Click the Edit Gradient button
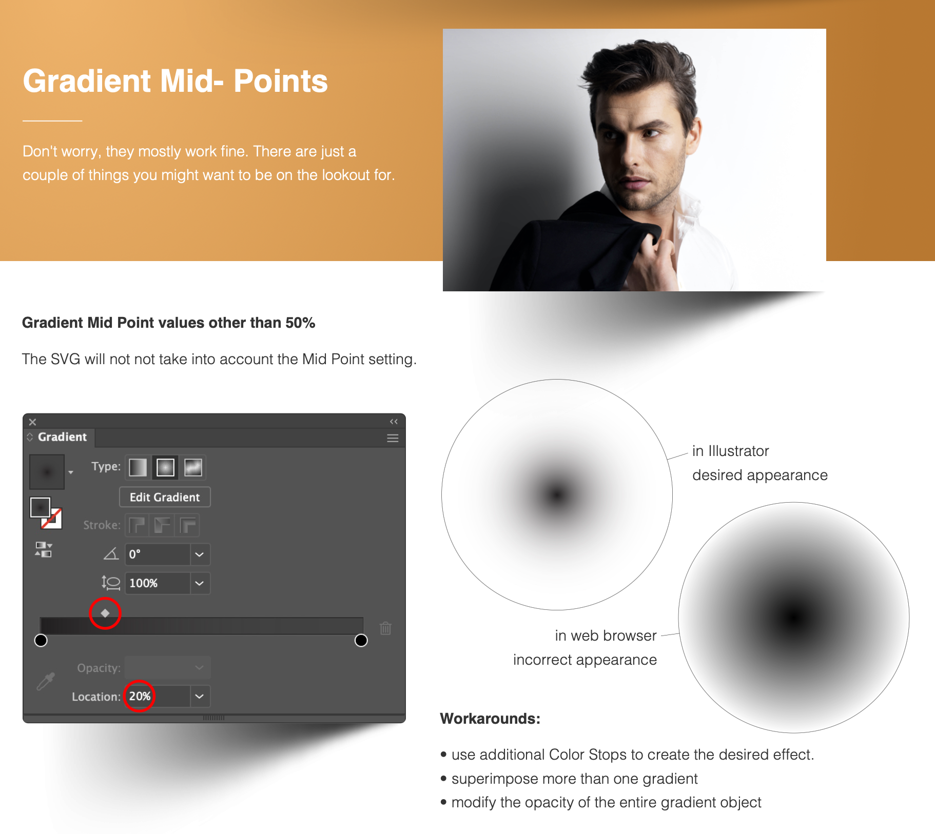coord(165,497)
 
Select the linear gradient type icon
coord(138,467)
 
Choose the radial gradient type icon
coord(165,467)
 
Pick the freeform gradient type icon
coord(193,467)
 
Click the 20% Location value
coord(140,696)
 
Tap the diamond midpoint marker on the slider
coord(105,613)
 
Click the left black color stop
coord(41,640)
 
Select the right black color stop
coord(361,640)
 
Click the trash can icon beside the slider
coord(386,628)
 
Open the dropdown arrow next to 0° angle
coord(200,554)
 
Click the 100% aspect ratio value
coord(144,583)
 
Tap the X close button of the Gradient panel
coord(32,422)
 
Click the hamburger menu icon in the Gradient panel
coord(393,438)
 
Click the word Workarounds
coord(490,719)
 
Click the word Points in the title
coord(281,81)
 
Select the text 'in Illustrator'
coord(731,451)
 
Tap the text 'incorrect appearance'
coord(585,660)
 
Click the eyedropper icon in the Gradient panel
coord(46,681)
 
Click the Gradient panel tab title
coord(62,437)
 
